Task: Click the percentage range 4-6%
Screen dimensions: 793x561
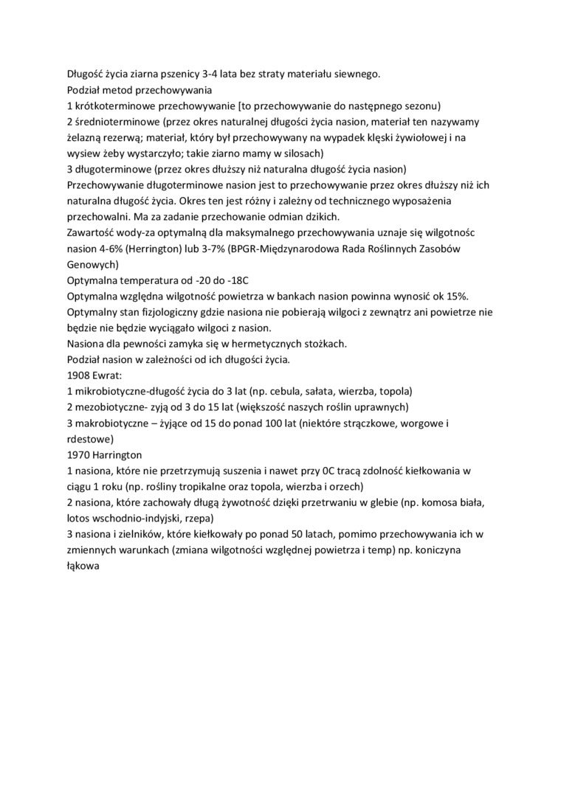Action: coord(105,249)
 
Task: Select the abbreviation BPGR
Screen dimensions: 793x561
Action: coord(244,249)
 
